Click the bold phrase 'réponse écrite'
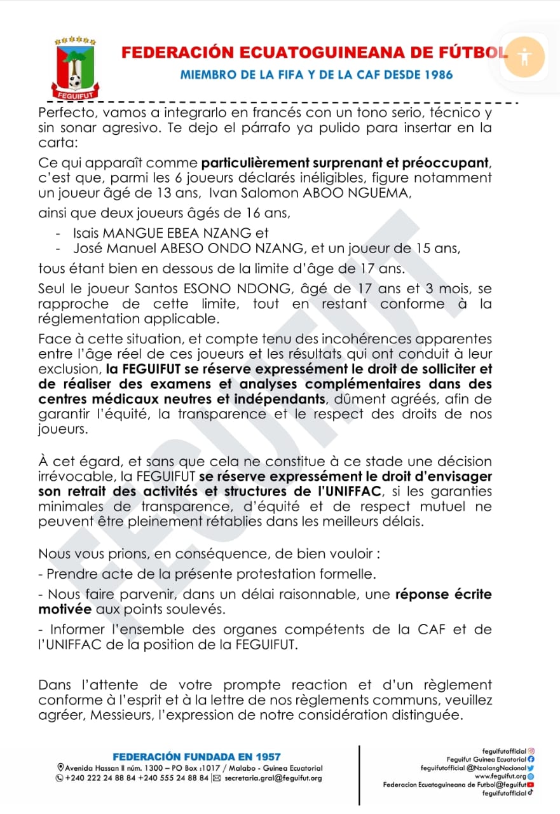click(x=443, y=595)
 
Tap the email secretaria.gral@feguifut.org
click(x=273, y=778)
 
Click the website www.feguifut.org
click(x=500, y=776)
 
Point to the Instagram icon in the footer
click(x=531, y=751)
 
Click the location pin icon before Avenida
click(x=60, y=768)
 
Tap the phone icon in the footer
click(x=60, y=778)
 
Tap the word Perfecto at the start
click(x=65, y=113)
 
